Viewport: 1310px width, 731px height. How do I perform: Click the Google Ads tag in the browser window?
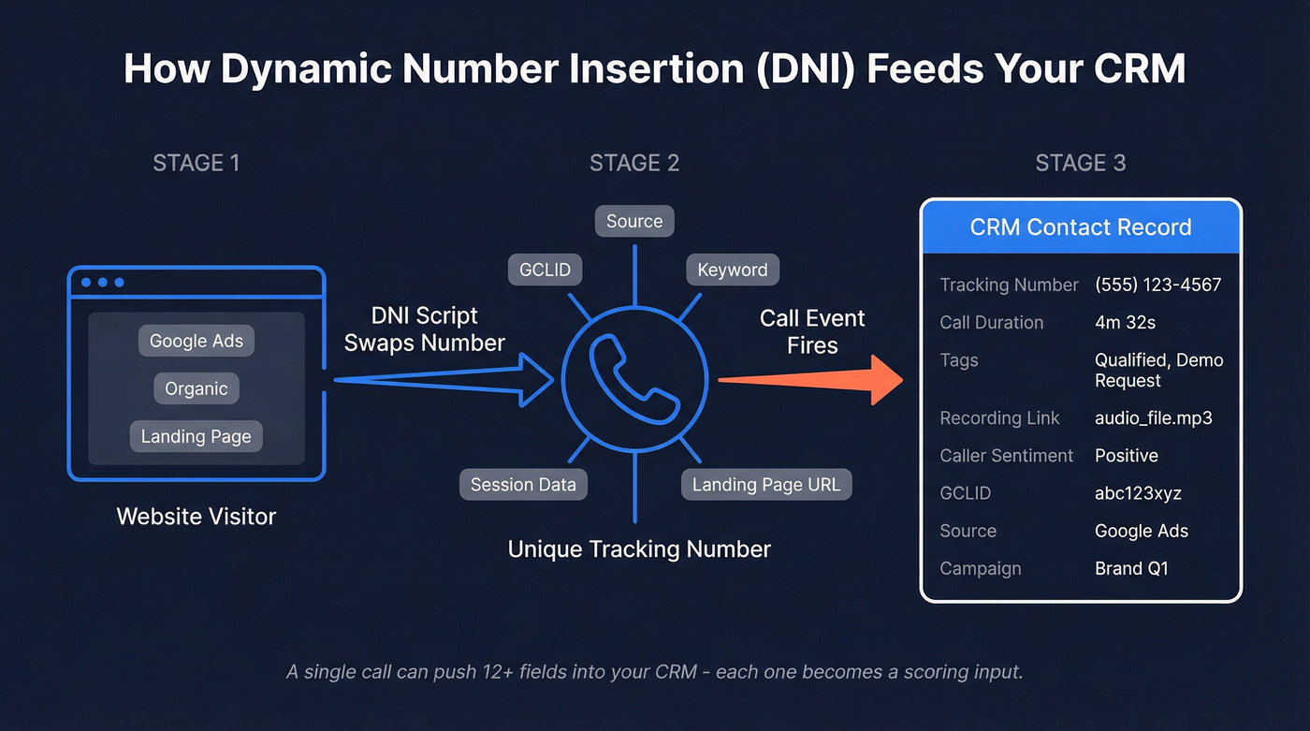[196, 341]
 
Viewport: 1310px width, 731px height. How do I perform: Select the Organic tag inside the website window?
[196, 388]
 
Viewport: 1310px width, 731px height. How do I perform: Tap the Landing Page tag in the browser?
[196, 436]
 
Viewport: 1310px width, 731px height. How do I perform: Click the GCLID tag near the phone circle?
[546, 270]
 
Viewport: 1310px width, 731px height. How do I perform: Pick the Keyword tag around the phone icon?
[732, 270]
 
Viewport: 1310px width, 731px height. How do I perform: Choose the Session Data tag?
[523, 484]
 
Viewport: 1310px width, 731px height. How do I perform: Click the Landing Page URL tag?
[766, 484]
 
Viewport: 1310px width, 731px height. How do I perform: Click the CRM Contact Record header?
[1081, 227]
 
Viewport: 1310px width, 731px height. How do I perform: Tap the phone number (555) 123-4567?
[1157, 285]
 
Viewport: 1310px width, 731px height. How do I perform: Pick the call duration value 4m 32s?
[1125, 322]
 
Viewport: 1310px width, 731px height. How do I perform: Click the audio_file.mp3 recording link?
[1153, 418]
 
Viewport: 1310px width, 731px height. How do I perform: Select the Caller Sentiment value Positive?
[1127, 456]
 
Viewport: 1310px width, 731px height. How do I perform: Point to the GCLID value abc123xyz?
[1138, 493]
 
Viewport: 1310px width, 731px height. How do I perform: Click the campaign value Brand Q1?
[1131, 568]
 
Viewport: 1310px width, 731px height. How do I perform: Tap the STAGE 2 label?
[634, 163]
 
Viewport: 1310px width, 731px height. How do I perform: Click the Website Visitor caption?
[196, 516]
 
